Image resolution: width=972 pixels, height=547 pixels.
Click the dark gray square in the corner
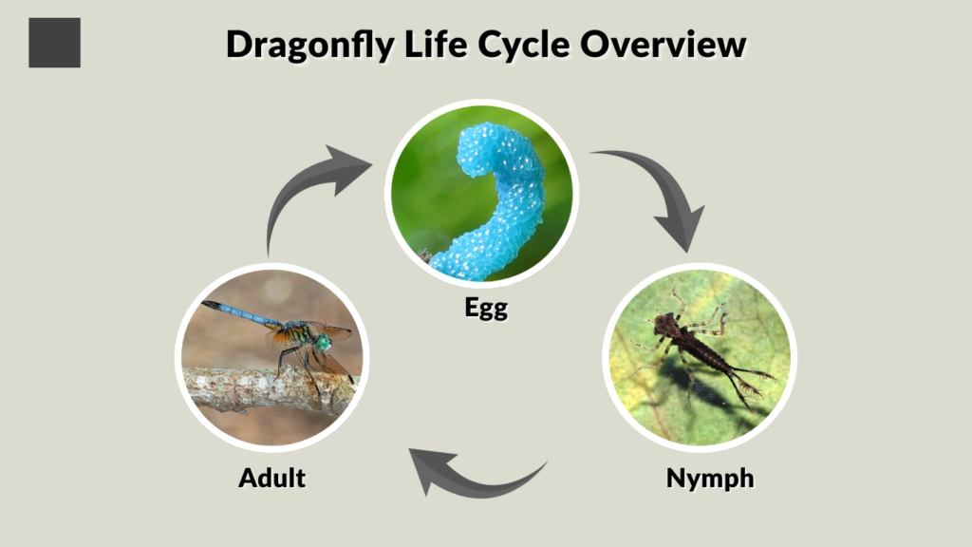[54, 43]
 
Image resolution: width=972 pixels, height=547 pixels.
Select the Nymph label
[710, 478]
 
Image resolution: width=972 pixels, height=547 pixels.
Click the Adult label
[271, 478]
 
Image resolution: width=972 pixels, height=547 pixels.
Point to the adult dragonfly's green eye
[324, 342]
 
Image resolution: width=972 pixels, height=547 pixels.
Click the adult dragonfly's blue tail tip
[210, 306]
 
